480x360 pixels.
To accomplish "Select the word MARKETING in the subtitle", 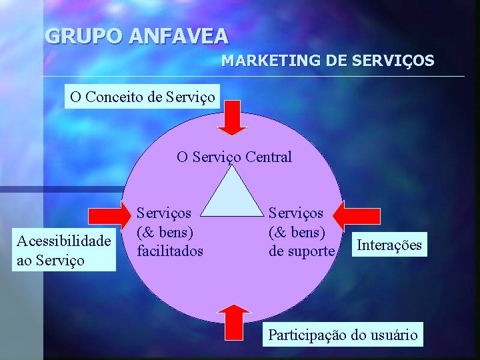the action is [x=271, y=61].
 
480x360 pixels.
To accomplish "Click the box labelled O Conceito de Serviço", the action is [x=143, y=97].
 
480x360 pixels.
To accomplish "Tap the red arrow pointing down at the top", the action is [x=234, y=118].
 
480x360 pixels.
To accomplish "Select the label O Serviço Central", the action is [x=234, y=157].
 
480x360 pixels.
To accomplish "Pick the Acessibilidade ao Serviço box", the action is [x=64, y=250].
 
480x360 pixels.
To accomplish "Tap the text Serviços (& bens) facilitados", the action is [x=170, y=232].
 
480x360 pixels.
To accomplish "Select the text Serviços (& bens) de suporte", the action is [x=301, y=232].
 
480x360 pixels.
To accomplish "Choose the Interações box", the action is [x=389, y=245].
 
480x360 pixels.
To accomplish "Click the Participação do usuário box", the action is [x=343, y=334].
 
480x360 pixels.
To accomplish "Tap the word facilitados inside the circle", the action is [x=170, y=251].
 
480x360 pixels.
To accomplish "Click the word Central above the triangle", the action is [x=269, y=157].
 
